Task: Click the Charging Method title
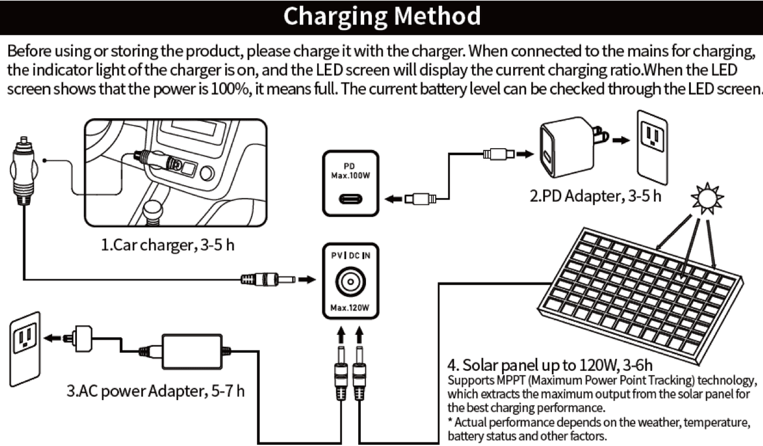[381, 16]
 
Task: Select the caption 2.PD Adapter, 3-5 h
[595, 196]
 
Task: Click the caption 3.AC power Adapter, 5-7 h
[155, 391]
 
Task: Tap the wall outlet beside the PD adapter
[652, 146]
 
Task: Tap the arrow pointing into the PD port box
[393, 198]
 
